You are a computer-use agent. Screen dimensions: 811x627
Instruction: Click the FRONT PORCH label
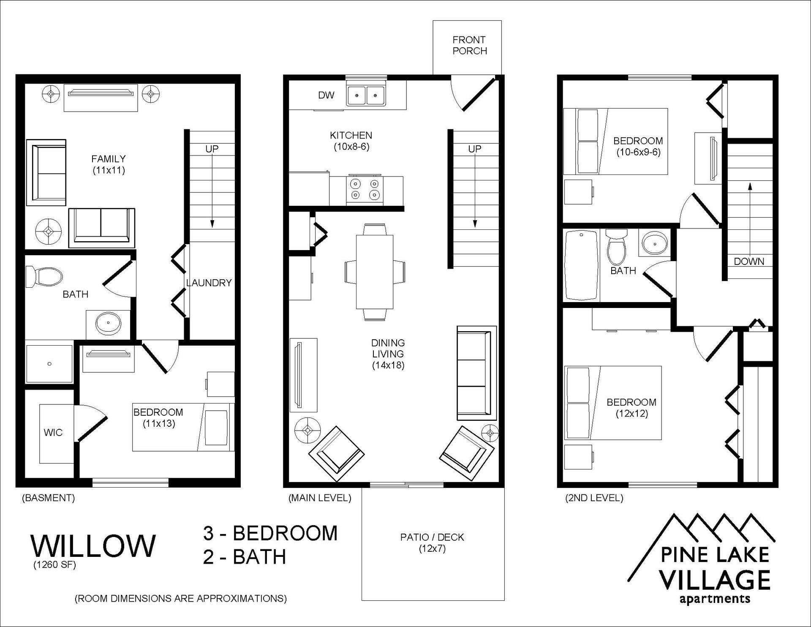click(x=470, y=45)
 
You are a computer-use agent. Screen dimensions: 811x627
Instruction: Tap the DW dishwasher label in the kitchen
click(x=326, y=95)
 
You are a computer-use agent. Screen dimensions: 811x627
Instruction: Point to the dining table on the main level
click(x=375, y=272)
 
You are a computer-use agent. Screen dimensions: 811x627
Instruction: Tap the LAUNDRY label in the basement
click(x=209, y=283)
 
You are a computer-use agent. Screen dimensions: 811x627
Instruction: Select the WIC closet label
click(x=53, y=432)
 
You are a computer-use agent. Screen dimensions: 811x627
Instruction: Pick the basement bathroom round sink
click(x=109, y=324)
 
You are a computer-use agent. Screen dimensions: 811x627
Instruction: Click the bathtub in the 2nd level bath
click(x=582, y=265)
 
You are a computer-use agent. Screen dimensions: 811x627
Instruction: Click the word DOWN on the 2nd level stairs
click(x=749, y=262)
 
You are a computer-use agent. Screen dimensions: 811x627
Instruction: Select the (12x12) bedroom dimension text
click(x=631, y=414)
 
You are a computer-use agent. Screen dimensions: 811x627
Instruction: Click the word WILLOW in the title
click(x=93, y=545)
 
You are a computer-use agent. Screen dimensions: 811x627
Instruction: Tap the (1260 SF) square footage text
click(x=55, y=564)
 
